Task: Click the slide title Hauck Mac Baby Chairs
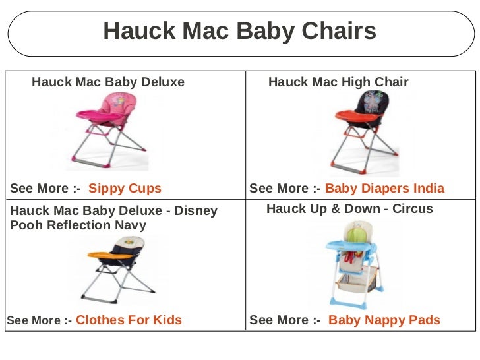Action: point(239,31)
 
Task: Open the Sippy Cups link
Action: point(125,189)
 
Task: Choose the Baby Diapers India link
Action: point(385,189)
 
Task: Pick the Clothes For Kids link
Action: point(129,320)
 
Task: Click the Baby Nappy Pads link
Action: point(384,320)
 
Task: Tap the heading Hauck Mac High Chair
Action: point(338,82)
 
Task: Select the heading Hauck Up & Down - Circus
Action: point(349,209)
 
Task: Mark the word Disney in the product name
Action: point(196,212)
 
